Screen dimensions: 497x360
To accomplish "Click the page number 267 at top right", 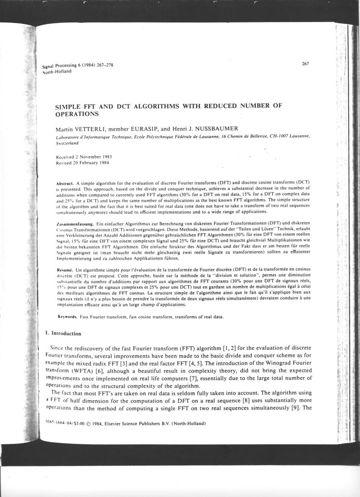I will (305, 64).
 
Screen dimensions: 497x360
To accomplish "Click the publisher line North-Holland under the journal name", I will (57, 71).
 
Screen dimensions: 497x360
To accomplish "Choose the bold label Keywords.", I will (67, 317).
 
